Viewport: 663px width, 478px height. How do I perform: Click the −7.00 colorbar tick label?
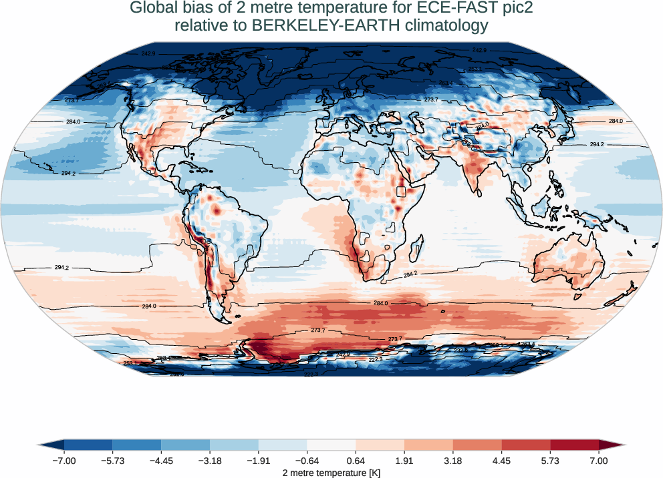click(x=64, y=461)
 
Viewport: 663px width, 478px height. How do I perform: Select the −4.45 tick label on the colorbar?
click(x=161, y=461)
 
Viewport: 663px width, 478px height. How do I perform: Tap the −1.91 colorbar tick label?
click(x=259, y=461)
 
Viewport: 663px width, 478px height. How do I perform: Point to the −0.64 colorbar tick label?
click(x=307, y=461)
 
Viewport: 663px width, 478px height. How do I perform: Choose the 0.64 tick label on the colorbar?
click(x=356, y=461)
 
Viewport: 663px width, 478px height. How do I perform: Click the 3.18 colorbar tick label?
click(x=453, y=461)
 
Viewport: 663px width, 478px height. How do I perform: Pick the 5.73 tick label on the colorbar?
click(x=550, y=461)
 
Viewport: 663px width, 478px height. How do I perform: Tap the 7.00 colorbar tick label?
click(x=599, y=461)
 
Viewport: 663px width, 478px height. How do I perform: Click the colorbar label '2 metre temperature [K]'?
click(x=331, y=473)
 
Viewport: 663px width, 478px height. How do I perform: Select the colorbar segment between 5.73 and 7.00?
click(x=574, y=445)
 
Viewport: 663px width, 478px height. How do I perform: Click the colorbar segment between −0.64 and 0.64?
click(x=331, y=445)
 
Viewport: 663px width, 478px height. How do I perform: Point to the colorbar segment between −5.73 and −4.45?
click(x=137, y=445)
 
